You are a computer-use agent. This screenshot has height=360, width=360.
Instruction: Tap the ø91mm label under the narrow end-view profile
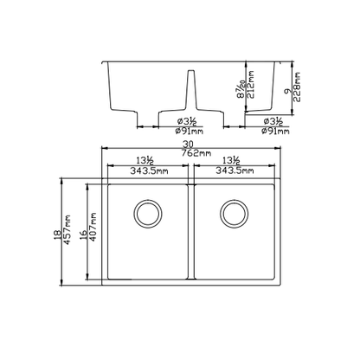[x=277, y=132]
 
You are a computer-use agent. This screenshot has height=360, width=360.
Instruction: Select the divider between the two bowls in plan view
[x=190, y=231]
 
